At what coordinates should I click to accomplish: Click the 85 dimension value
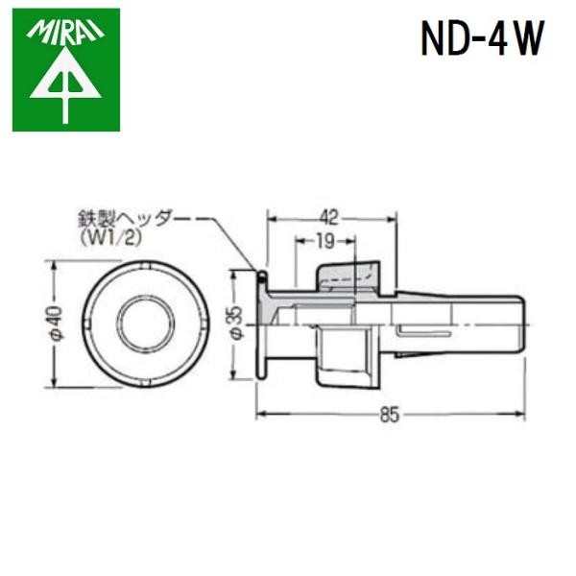tap(391, 416)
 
